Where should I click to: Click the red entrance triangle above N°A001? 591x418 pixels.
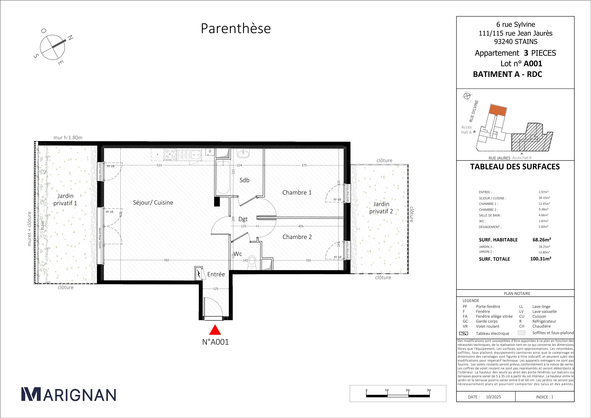215,330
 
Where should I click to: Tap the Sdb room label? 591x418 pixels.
245,180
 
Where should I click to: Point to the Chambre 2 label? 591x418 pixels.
297,237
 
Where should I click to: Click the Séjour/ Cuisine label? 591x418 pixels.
153,202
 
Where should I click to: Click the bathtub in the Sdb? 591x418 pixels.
223,177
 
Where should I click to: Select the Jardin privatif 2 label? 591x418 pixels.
381,208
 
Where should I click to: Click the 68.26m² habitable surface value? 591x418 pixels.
542,240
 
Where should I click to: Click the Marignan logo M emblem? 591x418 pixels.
31,394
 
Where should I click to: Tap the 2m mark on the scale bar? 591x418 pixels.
408,390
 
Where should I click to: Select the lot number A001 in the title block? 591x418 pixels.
533,63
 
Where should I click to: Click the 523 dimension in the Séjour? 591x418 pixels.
159,165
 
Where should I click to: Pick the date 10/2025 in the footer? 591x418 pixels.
493,397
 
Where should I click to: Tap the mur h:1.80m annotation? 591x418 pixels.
68,137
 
